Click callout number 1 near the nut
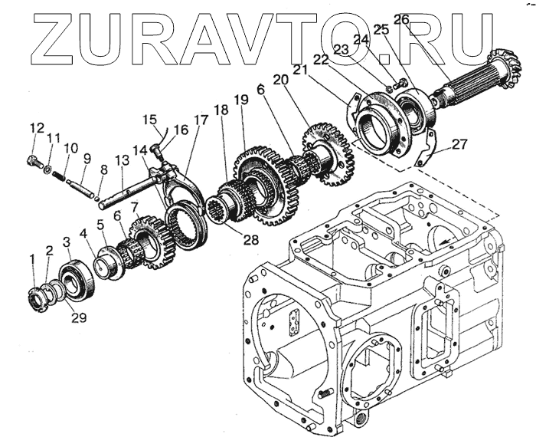(33, 261)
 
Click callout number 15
(151, 120)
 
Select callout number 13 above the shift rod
(120, 161)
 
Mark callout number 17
(201, 120)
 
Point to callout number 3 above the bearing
(67, 242)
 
